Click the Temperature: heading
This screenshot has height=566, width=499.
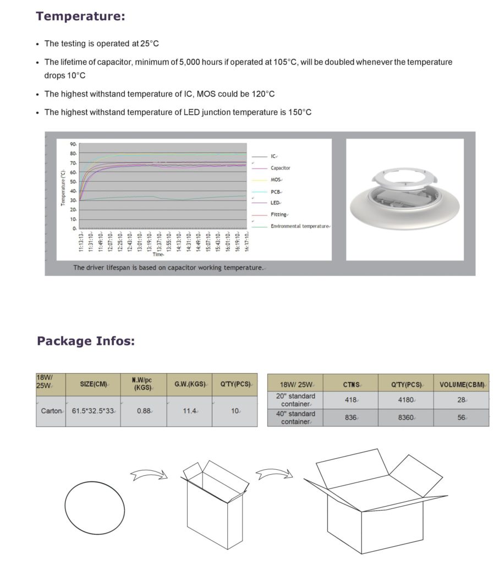pos(80,16)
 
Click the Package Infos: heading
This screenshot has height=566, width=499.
pos(85,341)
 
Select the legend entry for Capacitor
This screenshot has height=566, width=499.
pos(280,168)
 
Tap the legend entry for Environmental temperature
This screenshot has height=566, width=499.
pos(299,226)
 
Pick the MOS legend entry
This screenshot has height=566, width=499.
pos(276,180)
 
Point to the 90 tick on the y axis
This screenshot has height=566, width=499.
pos(73,144)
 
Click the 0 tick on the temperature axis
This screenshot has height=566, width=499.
pos(74,228)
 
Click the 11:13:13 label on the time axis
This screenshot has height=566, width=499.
pos(81,241)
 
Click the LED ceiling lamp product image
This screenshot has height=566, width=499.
pos(405,199)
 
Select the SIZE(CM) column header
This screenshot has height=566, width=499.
pos(93,384)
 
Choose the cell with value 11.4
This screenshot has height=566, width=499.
pos(190,410)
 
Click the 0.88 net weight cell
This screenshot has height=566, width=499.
pos(144,410)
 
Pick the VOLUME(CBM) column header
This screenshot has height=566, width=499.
pos(461,384)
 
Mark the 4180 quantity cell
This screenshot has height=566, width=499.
pos(405,400)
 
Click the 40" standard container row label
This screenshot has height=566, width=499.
pos(295,417)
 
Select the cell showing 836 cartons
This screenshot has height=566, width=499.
pos(350,417)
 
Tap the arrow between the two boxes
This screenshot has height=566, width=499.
pos(273,472)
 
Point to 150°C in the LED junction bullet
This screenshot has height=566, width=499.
pos(300,112)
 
